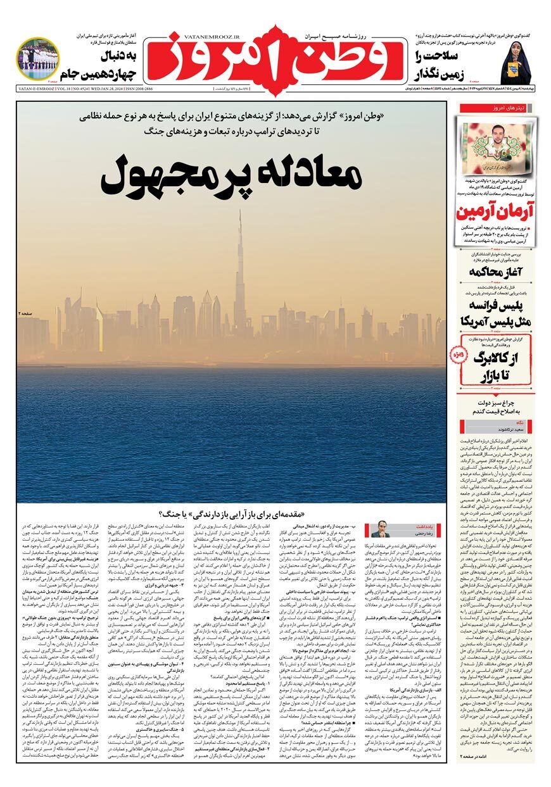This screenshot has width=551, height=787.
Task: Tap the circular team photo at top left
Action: [37, 59]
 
